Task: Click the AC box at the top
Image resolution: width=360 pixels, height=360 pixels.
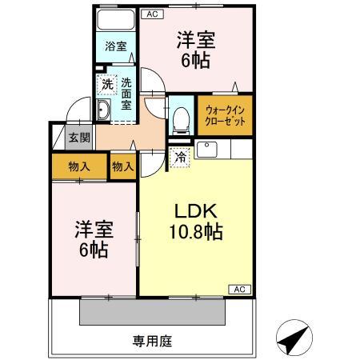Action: [x=152, y=14]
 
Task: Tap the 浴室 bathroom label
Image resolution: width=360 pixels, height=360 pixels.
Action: [x=115, y=47]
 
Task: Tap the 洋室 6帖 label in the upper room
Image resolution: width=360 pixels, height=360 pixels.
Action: [x=195, y=49]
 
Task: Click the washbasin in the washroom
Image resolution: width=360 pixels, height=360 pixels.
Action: [x=104, y=111]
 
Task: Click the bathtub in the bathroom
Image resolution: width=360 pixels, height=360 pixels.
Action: [x=114, y=21]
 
